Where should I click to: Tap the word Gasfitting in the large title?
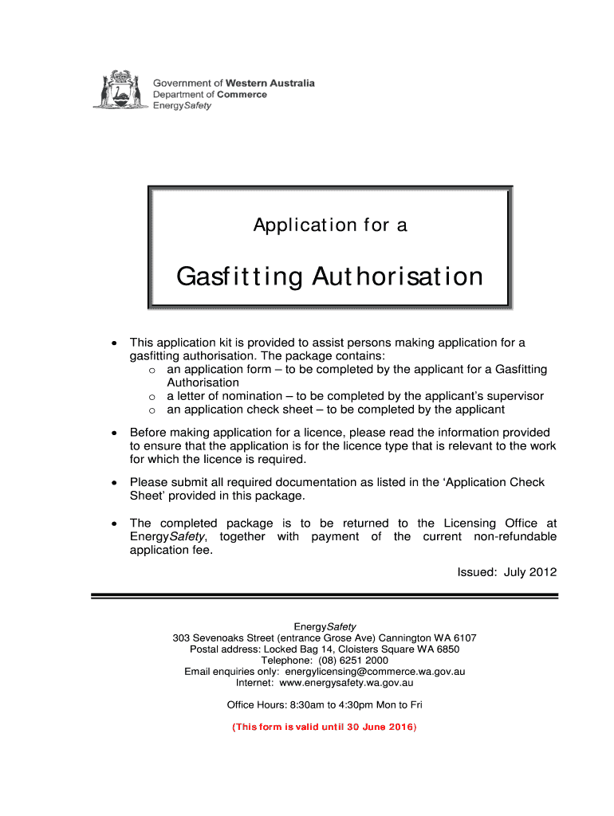coord(239,277)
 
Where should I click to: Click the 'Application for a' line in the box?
coord(330,226)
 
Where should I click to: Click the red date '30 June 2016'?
coord(378,728)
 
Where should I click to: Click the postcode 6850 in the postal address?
coord(447,649)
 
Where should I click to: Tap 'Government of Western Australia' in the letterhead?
coord(234,83)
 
